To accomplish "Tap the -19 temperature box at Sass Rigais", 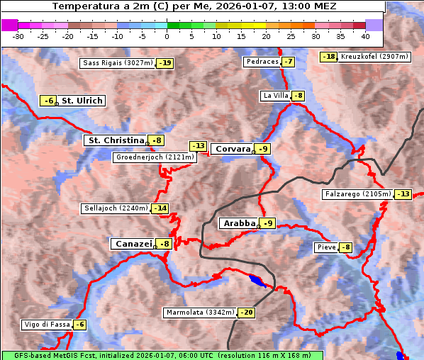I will [165, 63].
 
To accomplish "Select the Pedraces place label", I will [262, 62].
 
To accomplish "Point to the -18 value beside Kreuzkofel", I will [328, 57].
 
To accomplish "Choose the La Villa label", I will [275, 96].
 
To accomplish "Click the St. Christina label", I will [114, 140].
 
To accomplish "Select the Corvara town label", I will [233, 149].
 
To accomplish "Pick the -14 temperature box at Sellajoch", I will [160, 208].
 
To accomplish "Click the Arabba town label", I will [239, 223].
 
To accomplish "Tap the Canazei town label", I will [133, 244].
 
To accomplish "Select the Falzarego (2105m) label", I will [357, 194].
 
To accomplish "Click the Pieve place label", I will [326, 247].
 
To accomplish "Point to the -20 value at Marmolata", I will [246, 313].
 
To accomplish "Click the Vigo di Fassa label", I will [47, 325].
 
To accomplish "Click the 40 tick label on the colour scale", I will [365, 35].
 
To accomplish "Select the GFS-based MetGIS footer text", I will [162, 355].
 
